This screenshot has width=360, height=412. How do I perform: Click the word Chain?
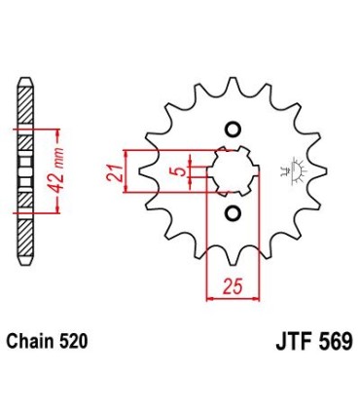tap(33, 342)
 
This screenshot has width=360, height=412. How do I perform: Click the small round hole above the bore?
tap(232, 131)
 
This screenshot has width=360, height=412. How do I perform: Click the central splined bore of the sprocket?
tap(232, 171)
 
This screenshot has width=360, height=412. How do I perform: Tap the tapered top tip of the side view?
tap(25, 80)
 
